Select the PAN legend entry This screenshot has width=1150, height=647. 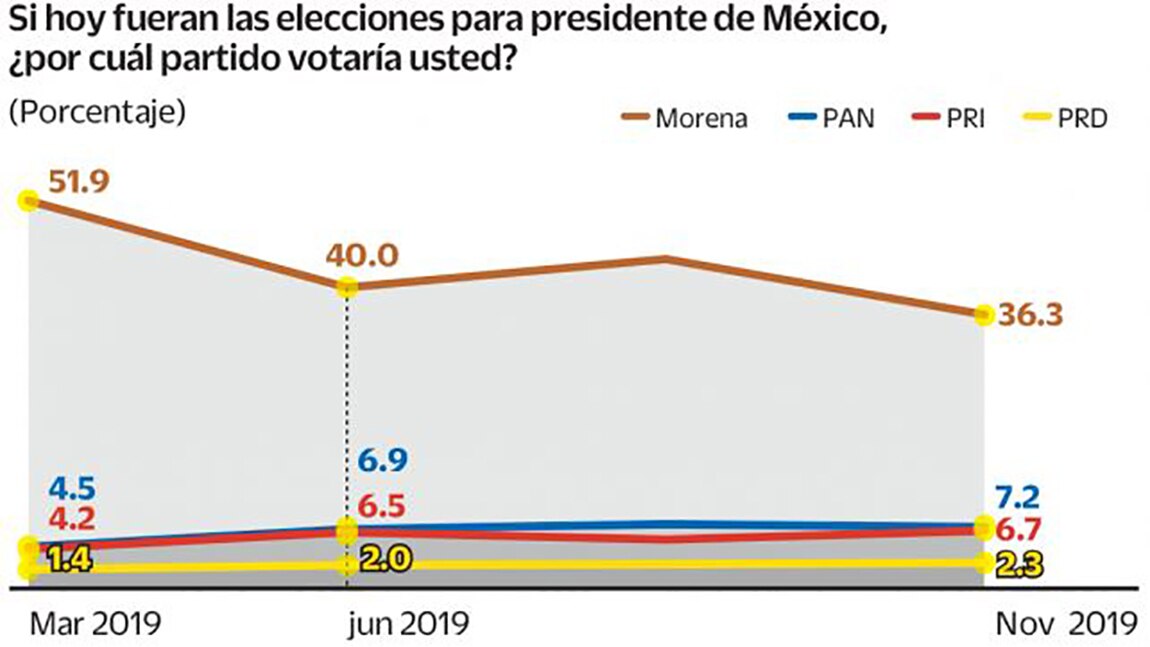tap(830, 118)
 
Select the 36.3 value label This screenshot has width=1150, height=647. tap(1030, 315)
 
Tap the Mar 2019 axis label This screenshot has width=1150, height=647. tap(95, 624)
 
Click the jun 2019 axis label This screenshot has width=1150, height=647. tap(408, 624)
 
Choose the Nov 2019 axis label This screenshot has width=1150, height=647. tap(1066, 624)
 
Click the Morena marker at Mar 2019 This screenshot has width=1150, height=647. tap(30, 201)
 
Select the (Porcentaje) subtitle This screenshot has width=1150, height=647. tap(97, 111)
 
